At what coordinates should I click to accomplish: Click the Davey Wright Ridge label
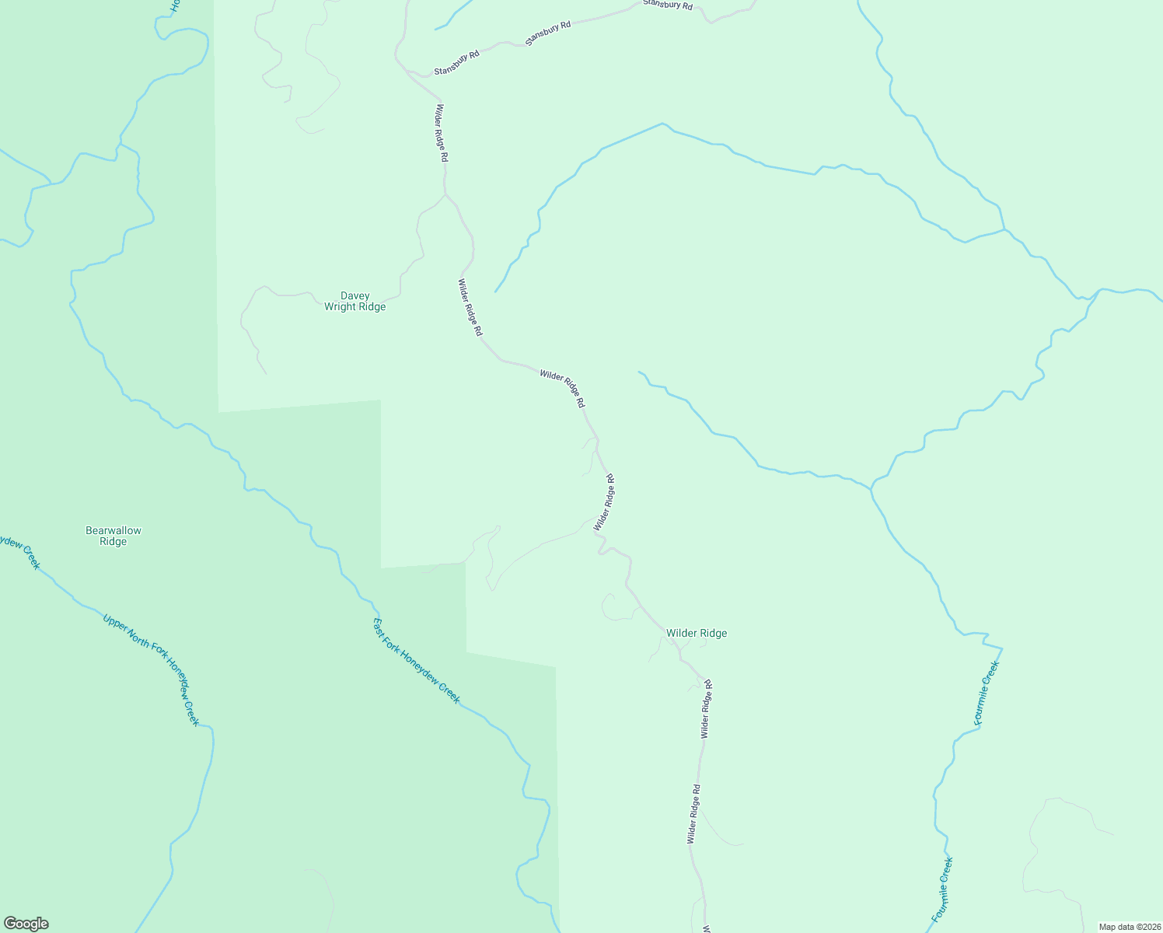click(x=354, y=302)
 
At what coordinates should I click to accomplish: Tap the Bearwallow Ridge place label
click(x=114, y=536)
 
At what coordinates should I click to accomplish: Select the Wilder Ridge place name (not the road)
click(x=697, y=633)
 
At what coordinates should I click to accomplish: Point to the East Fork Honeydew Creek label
click(x=417, y=661)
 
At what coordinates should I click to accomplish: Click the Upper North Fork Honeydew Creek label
click(x=151, y=669)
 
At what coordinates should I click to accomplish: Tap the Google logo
click(x=26, y=924)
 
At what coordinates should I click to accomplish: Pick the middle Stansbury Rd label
click(x=547, y=33)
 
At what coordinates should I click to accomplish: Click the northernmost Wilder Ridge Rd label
click(x=442, y=133)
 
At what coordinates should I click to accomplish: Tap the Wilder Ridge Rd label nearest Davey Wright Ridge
click(x=470, y=308)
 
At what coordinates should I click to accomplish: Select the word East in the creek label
click(x=379, y=625)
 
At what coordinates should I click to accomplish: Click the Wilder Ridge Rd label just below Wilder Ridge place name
click(x=706, y=708)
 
